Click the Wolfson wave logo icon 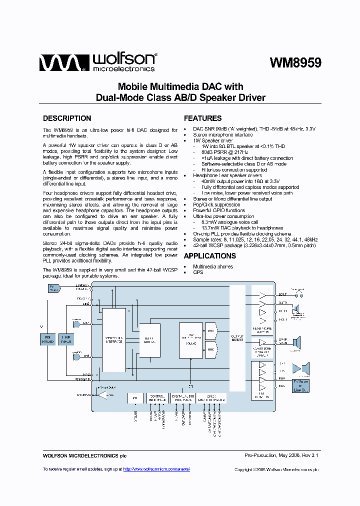[59, 63]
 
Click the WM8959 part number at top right [295, 63]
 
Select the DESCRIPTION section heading [67, 118]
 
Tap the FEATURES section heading [202, 118]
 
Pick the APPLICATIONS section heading [209, 256]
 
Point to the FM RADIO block [47, 340]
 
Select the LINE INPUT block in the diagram [65, 340]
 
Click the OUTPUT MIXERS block [237, 339]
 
